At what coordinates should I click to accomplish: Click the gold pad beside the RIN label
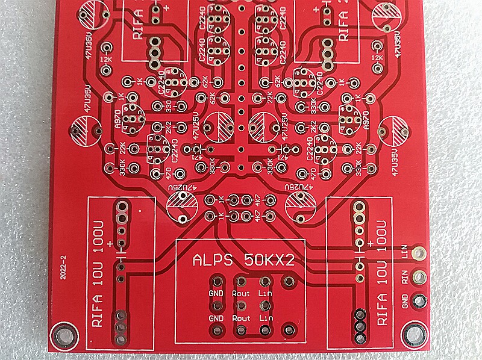pos(419,278)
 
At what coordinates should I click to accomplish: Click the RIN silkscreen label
pos(404,278)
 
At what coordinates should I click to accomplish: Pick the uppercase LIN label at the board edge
pos(404,256)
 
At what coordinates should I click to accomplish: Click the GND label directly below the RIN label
pos(404,299)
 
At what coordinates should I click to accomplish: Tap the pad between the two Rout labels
pos(240,305)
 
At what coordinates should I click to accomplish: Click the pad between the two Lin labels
pos(264,305)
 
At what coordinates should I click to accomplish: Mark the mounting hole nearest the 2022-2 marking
pos(61,332)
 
